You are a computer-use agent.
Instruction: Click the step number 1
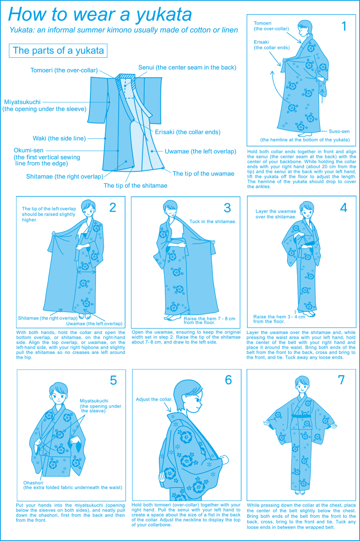click(344, 26)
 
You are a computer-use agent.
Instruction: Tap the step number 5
click(113, 380)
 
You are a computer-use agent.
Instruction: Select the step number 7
click(341, 380)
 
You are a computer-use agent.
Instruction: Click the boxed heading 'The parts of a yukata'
click(58, 51)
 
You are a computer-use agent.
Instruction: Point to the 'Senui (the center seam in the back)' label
click(187, 67)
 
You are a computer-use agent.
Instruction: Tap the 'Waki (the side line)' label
click(59, 138)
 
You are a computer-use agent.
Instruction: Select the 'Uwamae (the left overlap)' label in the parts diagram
click(200, 152)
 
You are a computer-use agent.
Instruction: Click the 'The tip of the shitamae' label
click(135, 185)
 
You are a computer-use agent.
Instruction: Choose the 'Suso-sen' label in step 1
click(339, 131)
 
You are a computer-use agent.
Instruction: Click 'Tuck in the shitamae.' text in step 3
click(213, 221)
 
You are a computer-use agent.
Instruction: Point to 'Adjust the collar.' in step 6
click(154, 399)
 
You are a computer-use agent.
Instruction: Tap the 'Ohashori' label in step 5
click(33, 482)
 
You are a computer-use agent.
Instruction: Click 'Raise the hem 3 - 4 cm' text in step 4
click(279, 317)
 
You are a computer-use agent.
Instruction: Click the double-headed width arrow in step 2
click(87, 272)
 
